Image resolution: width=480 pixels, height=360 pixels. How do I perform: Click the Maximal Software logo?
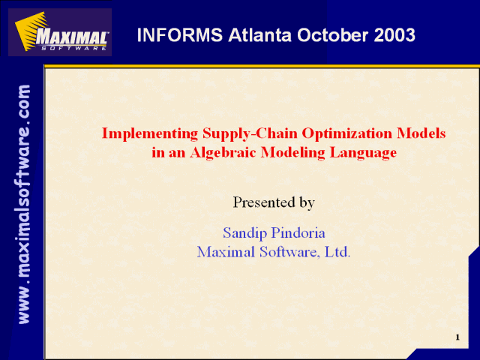(x=60, y=32)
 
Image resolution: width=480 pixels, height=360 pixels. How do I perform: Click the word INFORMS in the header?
(x=180, y=35)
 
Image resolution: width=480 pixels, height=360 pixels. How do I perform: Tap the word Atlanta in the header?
(x=259, y=35)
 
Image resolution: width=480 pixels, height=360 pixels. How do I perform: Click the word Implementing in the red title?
(x=150, y=133)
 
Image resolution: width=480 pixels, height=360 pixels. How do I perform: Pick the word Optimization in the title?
(x=347, y=133)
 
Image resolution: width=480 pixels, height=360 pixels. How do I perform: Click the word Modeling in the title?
(x=293, y=153)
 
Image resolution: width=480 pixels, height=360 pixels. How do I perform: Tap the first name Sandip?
(x=245, y=233)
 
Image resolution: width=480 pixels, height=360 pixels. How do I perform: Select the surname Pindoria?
(x=298, y=232)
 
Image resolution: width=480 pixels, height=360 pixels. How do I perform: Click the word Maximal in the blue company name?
(x=226, y=252)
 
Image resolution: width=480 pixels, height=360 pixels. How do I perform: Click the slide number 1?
(x=457, y=337)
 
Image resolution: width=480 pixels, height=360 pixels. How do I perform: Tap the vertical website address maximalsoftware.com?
(x=24, y=205)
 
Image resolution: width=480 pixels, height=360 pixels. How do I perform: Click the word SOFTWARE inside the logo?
(x=73, y=48)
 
